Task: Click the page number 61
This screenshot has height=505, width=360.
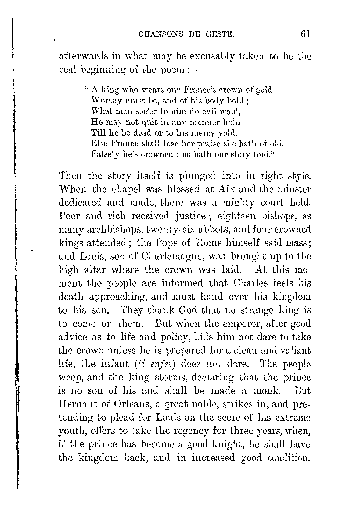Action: pyautogui.click(x=305, y=34)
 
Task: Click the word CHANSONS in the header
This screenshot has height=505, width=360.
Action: pyautogui.click(x=160, y=34)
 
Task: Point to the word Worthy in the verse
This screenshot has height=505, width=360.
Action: pyautogui.click(x=104, y=101)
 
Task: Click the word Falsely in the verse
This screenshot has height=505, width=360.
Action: pyautogui.click(x=105, y=155)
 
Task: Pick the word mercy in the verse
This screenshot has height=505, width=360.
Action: pyautogui.click(x=203, y=133)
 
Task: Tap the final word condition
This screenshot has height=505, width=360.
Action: pyautogui.click(x=289, y=458)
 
